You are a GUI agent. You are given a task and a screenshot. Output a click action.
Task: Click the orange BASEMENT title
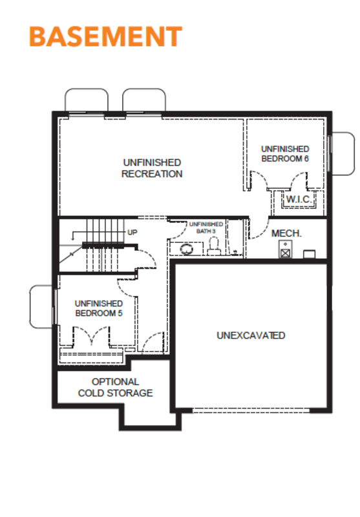click(105, 36)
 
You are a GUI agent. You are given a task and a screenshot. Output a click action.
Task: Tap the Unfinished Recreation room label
click(152, 168)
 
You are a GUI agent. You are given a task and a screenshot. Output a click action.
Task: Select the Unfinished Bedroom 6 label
click(285, 154)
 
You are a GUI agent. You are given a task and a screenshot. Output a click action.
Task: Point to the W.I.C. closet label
click(299, 199)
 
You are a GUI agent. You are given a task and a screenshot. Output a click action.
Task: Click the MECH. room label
click(286, 233)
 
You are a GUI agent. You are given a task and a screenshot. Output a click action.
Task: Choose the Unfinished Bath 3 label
click(206, 227)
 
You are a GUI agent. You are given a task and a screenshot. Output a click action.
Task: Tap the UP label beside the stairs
click(132, 233)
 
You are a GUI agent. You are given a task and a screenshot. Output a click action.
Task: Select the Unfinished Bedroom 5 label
click(99, 308)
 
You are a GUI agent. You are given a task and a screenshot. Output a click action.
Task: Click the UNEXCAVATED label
click(251, 335)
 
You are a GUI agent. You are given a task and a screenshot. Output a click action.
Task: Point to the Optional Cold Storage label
click(116, 387)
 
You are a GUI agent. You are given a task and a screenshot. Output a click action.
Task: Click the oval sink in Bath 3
click(187, 249)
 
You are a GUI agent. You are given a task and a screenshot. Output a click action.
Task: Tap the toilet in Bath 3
click(214, 246)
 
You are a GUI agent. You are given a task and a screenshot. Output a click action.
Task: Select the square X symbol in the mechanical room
click(285, 253)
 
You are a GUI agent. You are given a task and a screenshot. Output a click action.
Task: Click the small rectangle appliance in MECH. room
click(309, 254)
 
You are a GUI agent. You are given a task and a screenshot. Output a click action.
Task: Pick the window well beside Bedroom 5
click(41, 306)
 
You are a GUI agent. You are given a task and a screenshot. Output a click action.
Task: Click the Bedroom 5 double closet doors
click(91, 335)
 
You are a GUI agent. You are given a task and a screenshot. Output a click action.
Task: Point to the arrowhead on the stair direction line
click(72, 238)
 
